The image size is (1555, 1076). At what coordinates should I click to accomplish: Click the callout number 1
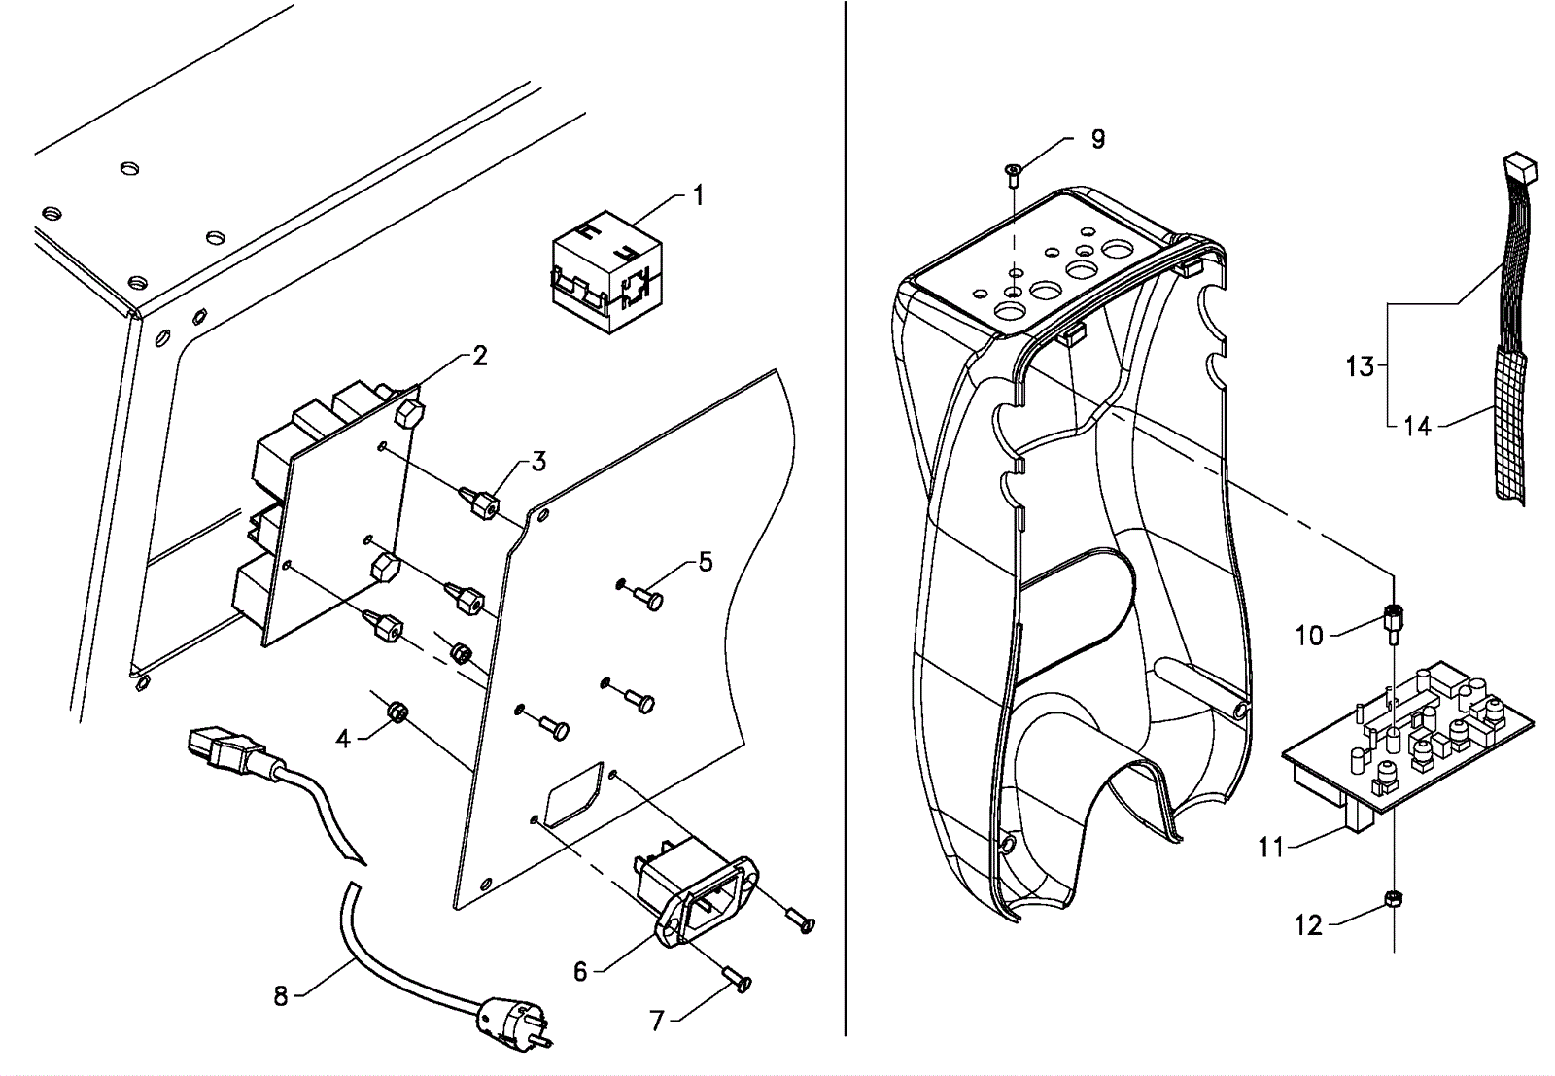click(699, 195)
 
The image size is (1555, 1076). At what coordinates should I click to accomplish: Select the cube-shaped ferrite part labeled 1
click(606, 272)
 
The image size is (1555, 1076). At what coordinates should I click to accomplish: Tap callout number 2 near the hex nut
click(479, 357)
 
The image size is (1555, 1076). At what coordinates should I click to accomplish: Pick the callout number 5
click(706, 562)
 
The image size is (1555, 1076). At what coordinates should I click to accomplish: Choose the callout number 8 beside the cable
click(281, 997)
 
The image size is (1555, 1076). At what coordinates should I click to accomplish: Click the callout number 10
click(1310, 635)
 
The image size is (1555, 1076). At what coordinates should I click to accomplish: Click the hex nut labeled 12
click(1394, 900)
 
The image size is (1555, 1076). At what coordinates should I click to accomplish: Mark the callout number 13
click(1360, 365)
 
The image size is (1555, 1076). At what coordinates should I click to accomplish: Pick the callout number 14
click(1418, 426)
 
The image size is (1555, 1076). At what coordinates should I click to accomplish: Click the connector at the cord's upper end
click(223, 746)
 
